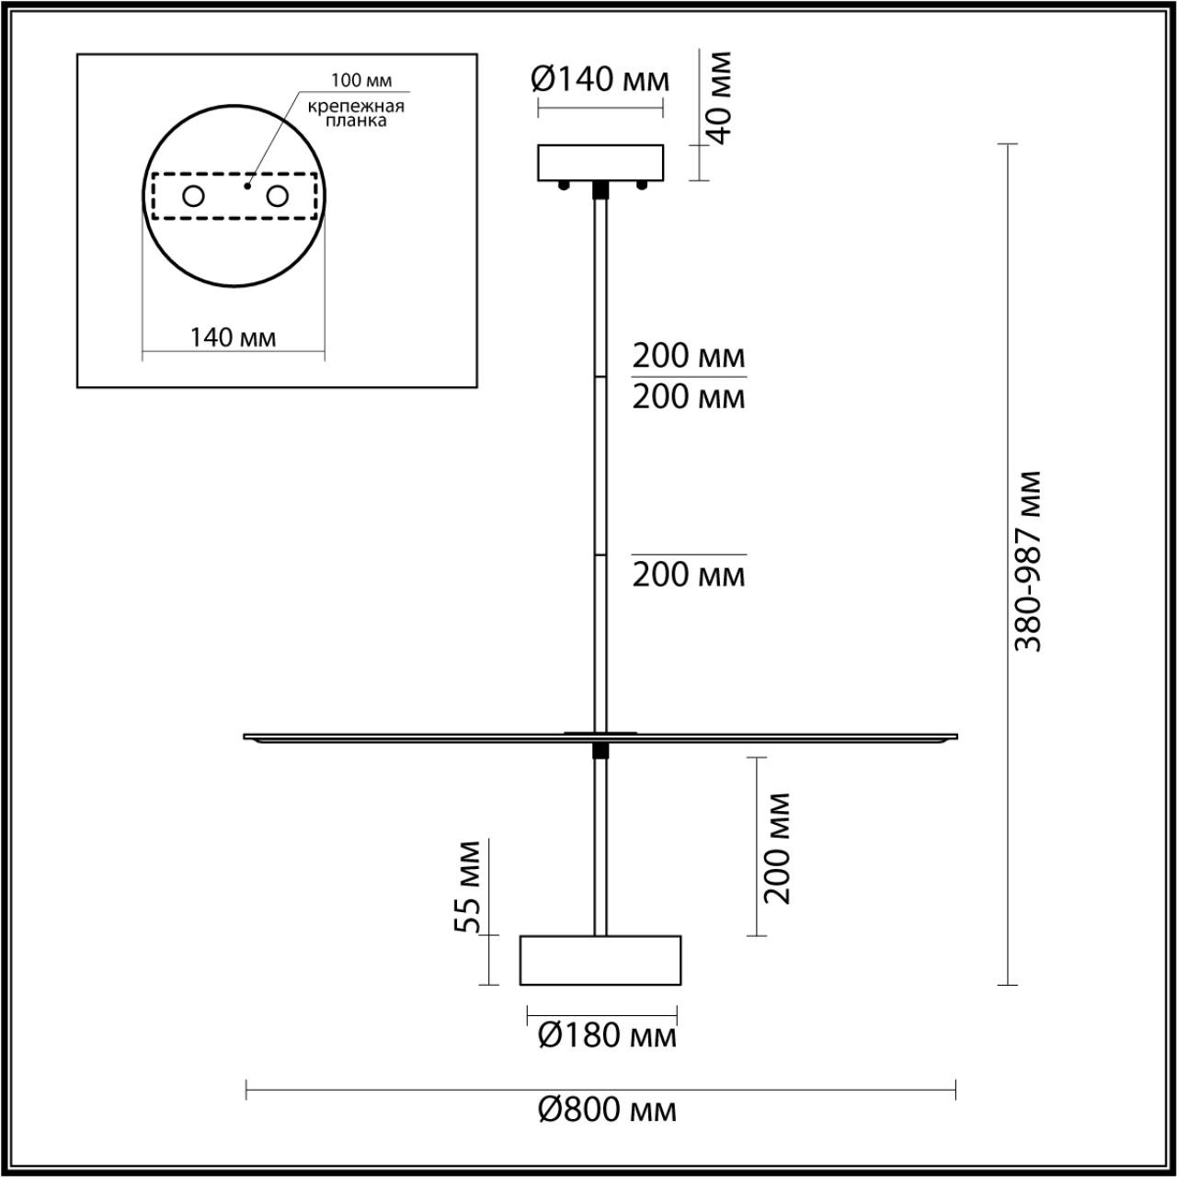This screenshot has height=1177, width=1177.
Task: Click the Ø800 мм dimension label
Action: point(607,1110)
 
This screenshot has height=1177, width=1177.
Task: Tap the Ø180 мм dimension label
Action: point(607,1036)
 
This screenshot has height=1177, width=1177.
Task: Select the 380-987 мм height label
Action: point(1029,561)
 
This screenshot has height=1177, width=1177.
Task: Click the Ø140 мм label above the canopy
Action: point(600,79)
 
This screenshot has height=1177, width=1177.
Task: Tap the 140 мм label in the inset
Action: point(233,337)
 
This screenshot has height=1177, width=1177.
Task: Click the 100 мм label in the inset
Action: point(355,80)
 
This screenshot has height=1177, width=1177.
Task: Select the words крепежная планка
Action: point(356,113)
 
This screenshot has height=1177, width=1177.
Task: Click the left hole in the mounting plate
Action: point(194,196)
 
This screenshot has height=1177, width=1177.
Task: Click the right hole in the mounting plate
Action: point(277,196)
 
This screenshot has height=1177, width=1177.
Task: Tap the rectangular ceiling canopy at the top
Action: point(600,163)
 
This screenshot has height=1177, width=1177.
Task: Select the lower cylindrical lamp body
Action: point(600,960)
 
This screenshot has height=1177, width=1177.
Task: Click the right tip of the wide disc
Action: point(956,737)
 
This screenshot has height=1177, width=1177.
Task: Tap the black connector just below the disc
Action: point(600,751)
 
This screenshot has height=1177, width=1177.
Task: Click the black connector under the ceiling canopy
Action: point(600,189)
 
